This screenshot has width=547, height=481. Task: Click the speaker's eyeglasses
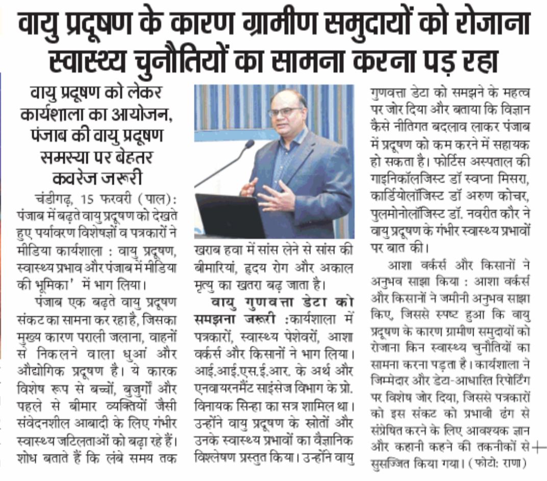point(284,111)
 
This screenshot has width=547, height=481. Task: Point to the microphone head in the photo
point(249,145)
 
